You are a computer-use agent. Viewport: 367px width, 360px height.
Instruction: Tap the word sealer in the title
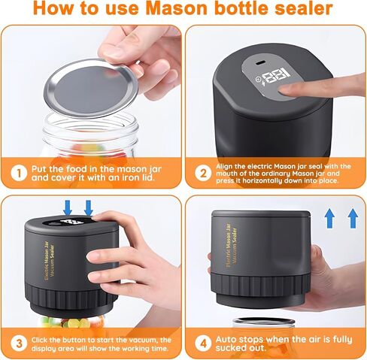[x=303, y=9]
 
